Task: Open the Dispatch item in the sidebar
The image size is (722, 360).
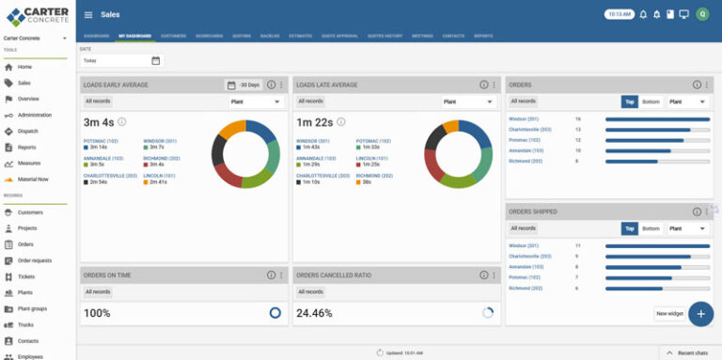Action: (x=27, y=131)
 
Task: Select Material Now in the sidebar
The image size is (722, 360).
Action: (x=32, y=179)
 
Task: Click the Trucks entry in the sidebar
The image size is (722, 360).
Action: (x=25, y=324)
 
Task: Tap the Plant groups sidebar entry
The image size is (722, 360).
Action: (x=32, y=308)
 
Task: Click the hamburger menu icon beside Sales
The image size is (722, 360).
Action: (x=88, y=15)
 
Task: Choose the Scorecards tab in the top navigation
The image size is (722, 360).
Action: (x=209, y=36)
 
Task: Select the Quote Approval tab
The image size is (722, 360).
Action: (x=339, y=36)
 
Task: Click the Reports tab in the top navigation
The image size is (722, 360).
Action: (x=483, y=36)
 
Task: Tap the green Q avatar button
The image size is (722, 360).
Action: (x=702, y=14)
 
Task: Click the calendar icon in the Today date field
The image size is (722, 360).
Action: (x=156, y=60)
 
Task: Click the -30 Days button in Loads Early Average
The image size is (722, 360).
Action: (x=243, y=85)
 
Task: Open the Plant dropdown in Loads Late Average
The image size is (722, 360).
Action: (x=466, y=102)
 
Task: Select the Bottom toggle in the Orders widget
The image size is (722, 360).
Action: (x=651, y=102)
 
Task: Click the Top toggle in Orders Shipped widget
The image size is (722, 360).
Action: (x=629, y=228)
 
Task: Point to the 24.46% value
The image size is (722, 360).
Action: (x=314, y=313)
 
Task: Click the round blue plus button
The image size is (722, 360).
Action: (x=700, y=313)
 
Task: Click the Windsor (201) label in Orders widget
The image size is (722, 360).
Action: (x=524, y=119)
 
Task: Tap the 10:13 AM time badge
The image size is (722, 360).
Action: (x=618, y=14)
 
